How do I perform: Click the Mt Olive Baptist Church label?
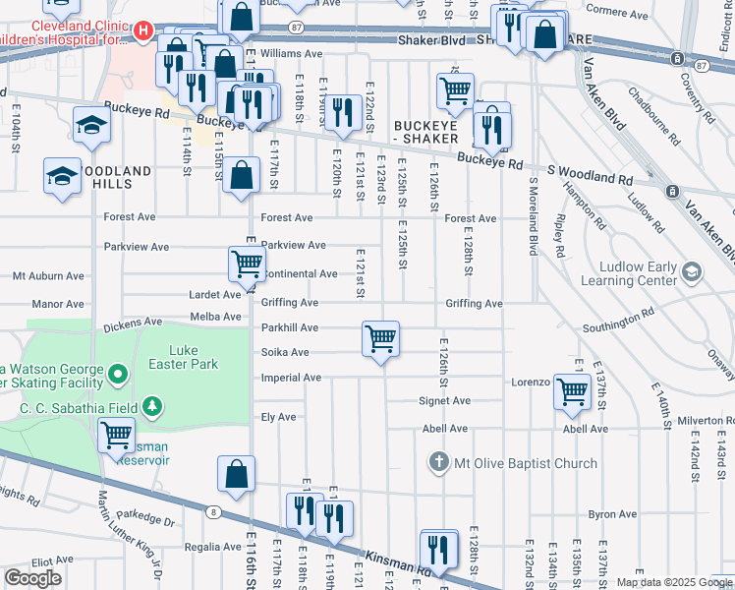click(526, 463)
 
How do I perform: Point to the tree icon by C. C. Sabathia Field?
click(151, 406)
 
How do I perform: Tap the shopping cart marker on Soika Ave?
click(380, 339)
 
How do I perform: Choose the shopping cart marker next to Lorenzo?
click(572, 391)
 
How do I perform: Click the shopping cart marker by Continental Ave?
click(247, 264)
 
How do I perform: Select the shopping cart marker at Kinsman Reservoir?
click(117, 434)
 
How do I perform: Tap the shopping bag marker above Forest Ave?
click(242, 176)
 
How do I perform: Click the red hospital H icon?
click(143, 31)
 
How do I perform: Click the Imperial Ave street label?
click(291, 378)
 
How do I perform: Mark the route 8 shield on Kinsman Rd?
click(213, 511)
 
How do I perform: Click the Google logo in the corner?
click(33, 578)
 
